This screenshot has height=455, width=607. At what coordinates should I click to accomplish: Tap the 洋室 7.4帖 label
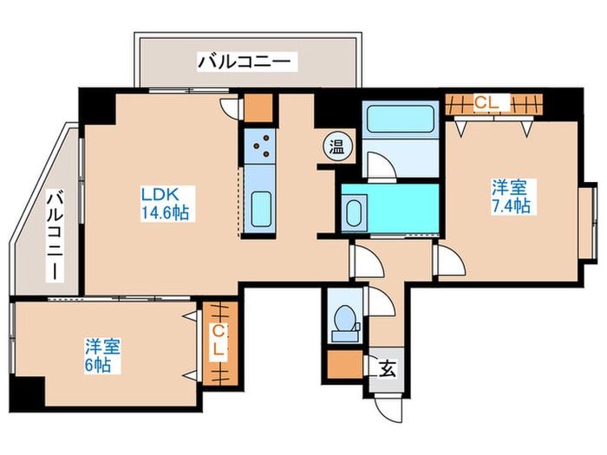click(x=511, y=197)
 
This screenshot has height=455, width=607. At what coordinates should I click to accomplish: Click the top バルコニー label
click(x=245, y=62)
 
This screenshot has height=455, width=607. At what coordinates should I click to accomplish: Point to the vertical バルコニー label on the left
click(x=55, y=235)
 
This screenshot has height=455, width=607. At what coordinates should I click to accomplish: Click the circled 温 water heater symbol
click(x=336, y=146)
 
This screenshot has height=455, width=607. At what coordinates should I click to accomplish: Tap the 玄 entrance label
click(x=387, y=369)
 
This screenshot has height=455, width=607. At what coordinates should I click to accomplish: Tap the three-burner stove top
click(x=260, y=146)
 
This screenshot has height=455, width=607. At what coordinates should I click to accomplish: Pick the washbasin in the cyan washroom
click(x=354, y=213)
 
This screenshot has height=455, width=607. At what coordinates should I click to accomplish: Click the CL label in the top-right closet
click(x=486, y=102)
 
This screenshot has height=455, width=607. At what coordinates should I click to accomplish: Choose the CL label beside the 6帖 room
click(x=219, y=341)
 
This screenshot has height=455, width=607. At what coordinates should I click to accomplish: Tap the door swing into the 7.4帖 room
click(x=449, y=260)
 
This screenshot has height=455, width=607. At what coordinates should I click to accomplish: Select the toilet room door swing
click(x=380, y=302)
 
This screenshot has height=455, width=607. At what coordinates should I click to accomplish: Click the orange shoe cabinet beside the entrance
click(x=344, y=364)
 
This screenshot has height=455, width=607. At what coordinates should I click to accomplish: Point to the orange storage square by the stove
click(x=258, y=107)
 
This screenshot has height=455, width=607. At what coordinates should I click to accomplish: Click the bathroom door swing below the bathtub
click(x=382, y=166)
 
